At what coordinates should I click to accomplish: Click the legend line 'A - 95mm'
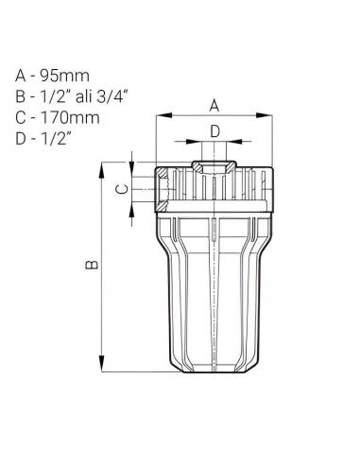point(52,76)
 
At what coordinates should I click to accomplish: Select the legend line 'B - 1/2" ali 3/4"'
point(72,96)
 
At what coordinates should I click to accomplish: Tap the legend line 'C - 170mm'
point(58,117)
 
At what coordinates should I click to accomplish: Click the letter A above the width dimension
point(214,106)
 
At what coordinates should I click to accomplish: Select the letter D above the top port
point(214,131)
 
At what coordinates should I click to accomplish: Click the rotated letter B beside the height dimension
point(92,265)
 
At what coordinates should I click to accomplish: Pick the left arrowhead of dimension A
point(164,115)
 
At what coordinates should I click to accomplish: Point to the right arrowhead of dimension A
point(264,115)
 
